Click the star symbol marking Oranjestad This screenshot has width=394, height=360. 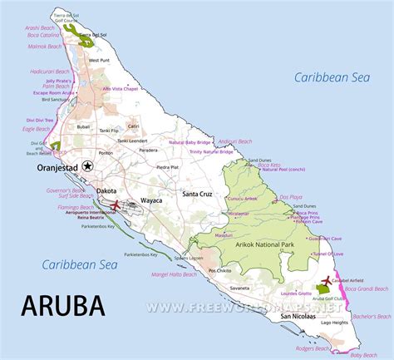pos(97,165)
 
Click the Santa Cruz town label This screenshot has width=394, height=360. pos(199,193)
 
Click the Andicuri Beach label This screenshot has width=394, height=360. pos(234,141)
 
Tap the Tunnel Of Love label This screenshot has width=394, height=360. pos(329,253)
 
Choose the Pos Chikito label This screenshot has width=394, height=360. pos(220,271)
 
